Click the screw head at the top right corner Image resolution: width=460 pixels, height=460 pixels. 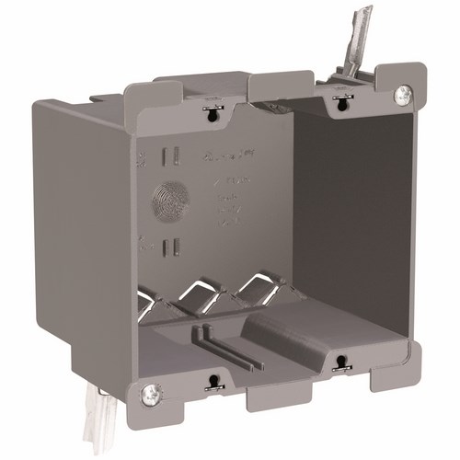click(x=402, y=94)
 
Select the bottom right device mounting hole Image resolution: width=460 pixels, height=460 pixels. click(x=340, y=363)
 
